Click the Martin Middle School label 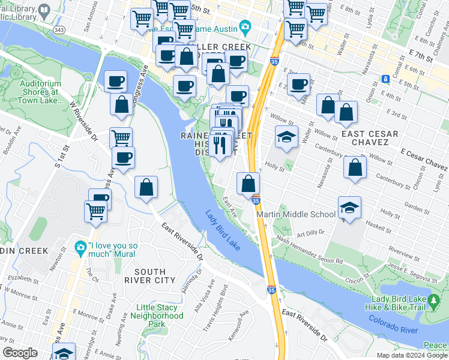click(296, 214)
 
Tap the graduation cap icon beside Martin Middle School click(349, 208)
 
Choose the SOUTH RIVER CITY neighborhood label click(150, 276)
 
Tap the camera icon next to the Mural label click(80, 247)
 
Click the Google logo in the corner click(20, 353)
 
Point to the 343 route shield click(59, 29)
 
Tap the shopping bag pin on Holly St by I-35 click(248, 182)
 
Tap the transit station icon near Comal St click(385, 79)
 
